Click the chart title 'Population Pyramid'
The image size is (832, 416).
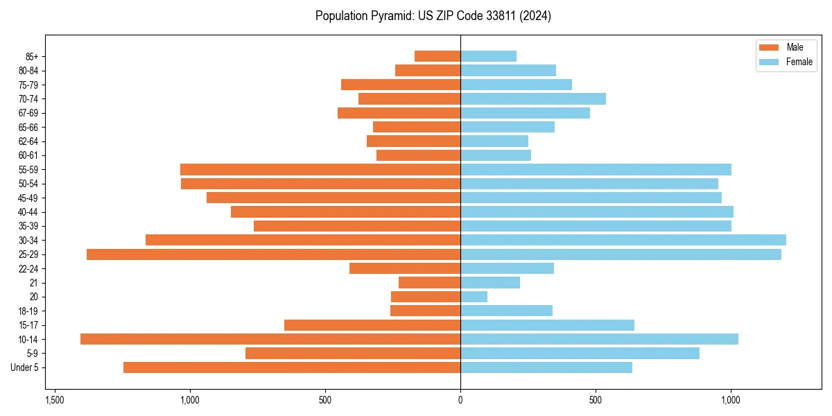(x=433, y=16)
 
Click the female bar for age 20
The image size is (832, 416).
(x=474, y=297)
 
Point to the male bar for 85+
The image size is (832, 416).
(x=437, y=56)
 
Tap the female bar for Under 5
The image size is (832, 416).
(x=546, y=367)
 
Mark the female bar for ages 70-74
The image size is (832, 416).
(x=533, y=98)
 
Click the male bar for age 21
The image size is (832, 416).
(x=429, y=283)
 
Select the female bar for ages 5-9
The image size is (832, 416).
(x=580, y=354)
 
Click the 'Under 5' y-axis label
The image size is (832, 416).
(x=25, y=367)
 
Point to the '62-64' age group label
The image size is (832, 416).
(x=28, y=141)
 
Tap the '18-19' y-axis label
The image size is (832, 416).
(x=28, y=311)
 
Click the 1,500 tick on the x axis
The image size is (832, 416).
(x=55, y=400)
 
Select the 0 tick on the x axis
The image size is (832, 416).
(x=460, y=400)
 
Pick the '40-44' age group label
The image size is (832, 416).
(x=28, y=212)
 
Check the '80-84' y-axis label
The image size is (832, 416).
(x=28, y=71)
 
